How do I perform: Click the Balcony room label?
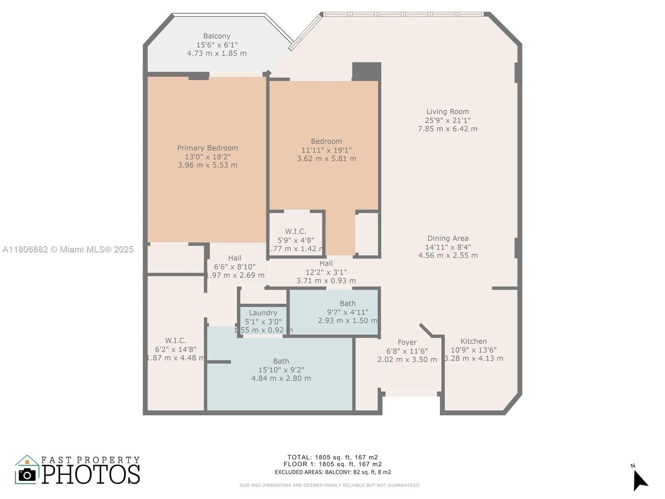point(217,36)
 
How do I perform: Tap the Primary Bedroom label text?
point(207,148)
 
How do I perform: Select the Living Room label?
point(448,111)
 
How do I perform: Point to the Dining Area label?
point(448,238)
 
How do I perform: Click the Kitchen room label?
point(473,341)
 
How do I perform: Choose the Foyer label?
point(407,342)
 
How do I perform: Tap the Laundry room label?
point(263,313)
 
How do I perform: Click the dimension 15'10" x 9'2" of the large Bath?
point(281,370)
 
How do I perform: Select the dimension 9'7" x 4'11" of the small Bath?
point(347,312)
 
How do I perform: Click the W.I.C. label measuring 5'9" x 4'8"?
point(296,231)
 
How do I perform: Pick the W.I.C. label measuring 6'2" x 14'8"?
point(175,341)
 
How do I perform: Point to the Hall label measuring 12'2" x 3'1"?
point(326,263)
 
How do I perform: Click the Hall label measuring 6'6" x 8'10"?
point(234,258)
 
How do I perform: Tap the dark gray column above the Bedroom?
point(366,71)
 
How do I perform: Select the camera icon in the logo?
point(27,474)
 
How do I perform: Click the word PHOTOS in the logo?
point(91,474)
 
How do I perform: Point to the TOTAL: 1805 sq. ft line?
point(332,457)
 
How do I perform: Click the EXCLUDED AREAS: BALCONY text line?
point(332,472)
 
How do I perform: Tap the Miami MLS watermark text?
point(68,249)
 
